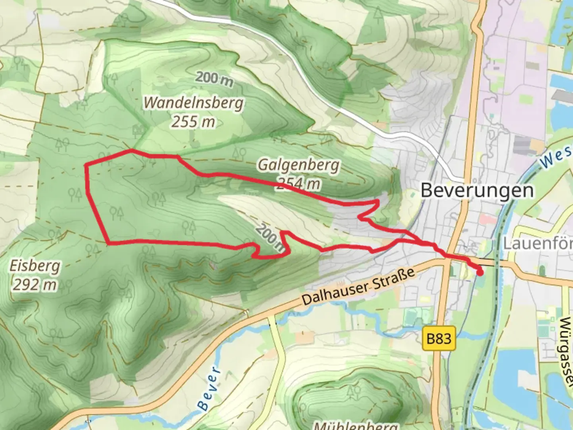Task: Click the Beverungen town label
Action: (x=477, y=190)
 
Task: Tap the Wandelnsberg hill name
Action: (x=193, y=103)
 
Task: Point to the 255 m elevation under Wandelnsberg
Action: (x=193, y=121)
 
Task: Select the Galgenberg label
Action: (x=298, y=164)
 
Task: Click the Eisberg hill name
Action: (x=35, y=266)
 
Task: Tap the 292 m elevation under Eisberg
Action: (x=34, y=285)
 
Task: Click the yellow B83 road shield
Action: (x=439, y=339)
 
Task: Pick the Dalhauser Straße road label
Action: (x=358, y=286)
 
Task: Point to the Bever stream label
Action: (x=209, y=388)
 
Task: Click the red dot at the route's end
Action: (x=480, y=272)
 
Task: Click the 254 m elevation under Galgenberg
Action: (x=298, y=183)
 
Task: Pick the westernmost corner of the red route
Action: (x=86, y=165)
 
